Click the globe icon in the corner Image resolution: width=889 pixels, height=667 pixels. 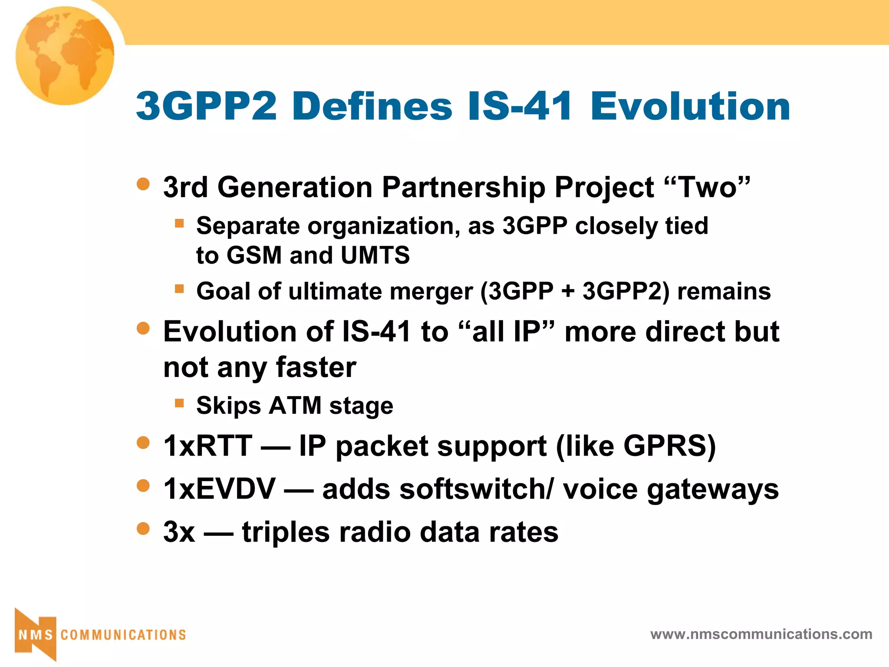coord(65,56)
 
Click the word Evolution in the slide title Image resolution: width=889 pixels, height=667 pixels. coord(690,106)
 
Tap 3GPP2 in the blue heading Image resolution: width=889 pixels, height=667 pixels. coord(206,106)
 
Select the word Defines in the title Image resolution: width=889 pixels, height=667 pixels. coord(372,106)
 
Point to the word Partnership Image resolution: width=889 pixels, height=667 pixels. coord(463,188)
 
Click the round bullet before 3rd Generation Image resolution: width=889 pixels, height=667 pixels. coord(143,184)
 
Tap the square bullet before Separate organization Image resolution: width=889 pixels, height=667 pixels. coord(179,224)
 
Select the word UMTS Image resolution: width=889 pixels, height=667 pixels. coord(375,255)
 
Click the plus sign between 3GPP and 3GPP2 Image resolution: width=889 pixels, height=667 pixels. coord(567,291)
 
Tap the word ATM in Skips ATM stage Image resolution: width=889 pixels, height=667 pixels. coord(295,406)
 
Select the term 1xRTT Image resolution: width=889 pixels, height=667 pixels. coord(207,446)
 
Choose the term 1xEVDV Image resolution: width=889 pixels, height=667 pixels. coord(219,489)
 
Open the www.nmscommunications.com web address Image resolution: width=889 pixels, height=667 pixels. coord(761,634)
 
